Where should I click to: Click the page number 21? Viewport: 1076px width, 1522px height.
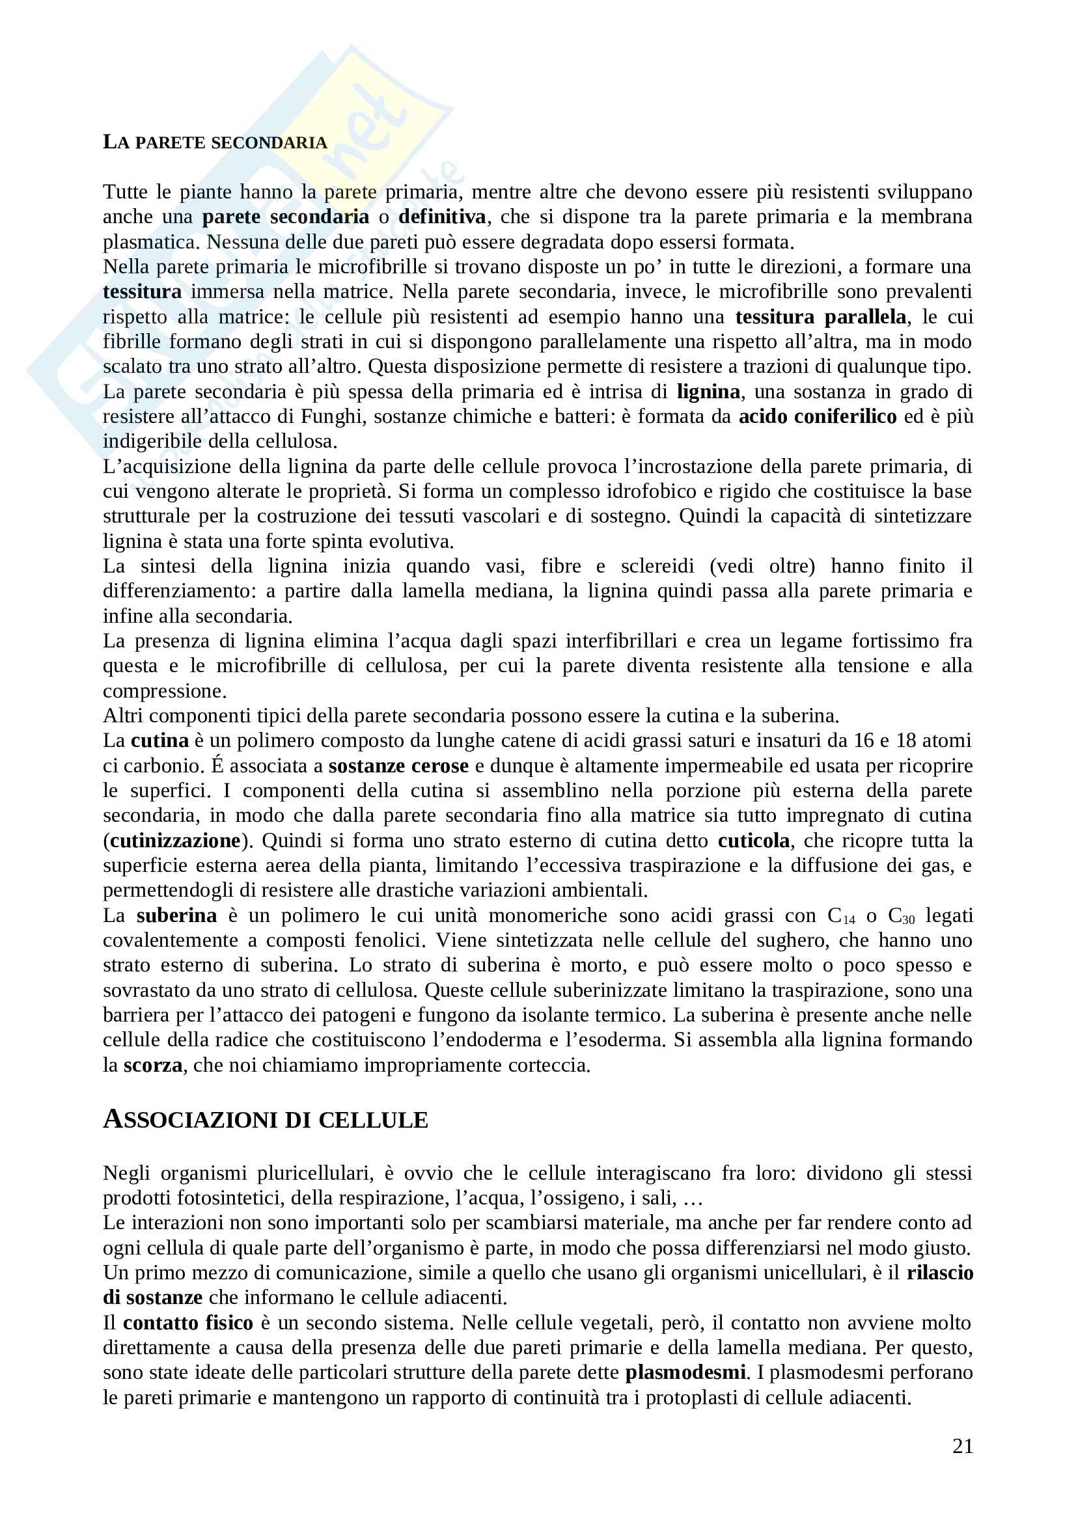pos(962,1446)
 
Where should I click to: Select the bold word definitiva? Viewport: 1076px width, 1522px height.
pos(441,217)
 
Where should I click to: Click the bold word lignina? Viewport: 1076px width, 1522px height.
pos(708,392)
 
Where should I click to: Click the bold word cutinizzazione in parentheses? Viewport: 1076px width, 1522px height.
pos(175,841)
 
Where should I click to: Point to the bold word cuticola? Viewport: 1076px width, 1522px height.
pos(754,841)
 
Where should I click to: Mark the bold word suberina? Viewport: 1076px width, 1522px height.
pos(176,916)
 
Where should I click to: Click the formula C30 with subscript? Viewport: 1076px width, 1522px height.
pos(901,916)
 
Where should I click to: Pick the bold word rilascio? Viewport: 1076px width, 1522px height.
pos(939,1273)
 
